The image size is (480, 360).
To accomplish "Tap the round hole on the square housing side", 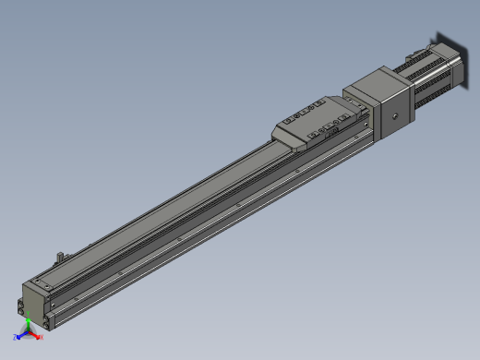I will pyautogui.click(x=393, y=117).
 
